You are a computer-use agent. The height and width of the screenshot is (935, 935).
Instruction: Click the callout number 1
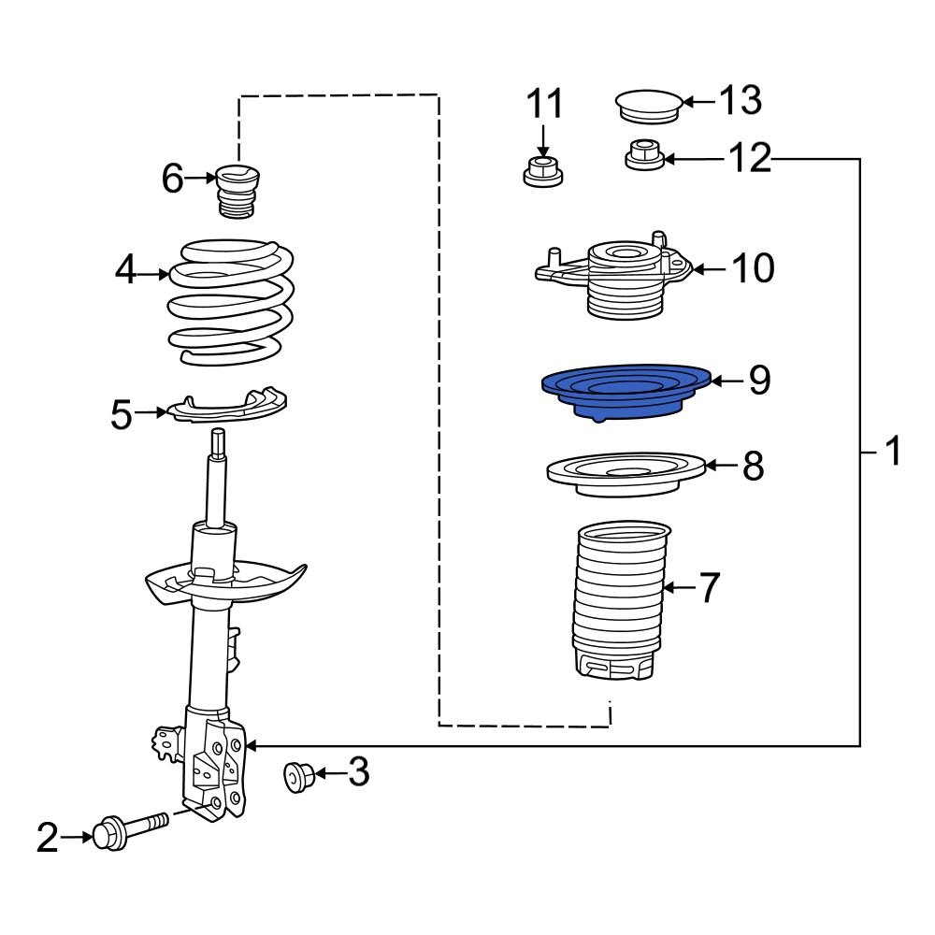[x=893, y=452]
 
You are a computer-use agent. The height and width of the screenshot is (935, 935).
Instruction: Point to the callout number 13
[x=740, y=100]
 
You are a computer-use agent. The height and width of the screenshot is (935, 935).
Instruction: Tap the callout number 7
[x=710, y=588]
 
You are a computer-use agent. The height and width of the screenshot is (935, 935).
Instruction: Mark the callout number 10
[x=753, y=269]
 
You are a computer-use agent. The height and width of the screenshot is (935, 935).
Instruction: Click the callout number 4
[x=126, y=272]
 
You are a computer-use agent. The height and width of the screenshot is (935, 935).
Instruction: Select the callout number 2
[x=48, y=838]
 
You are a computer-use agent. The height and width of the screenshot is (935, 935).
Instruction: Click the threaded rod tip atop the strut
[x=218, y=442]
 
